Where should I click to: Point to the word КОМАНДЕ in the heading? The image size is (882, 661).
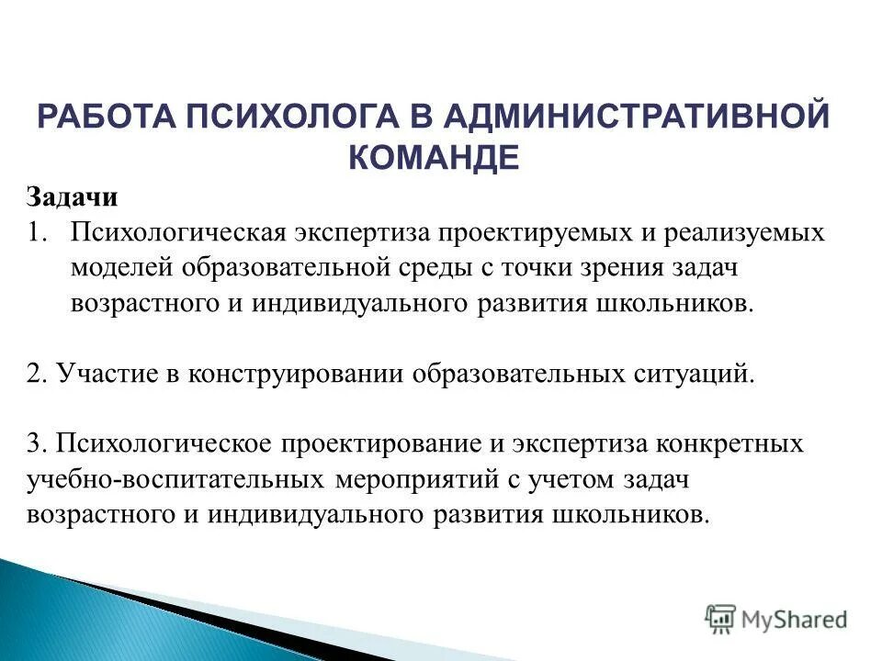click(434, 158)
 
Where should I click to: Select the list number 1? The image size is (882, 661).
click(37, 232)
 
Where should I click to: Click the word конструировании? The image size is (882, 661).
click(295, 374)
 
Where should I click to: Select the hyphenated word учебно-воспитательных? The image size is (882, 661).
click(175, 479)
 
